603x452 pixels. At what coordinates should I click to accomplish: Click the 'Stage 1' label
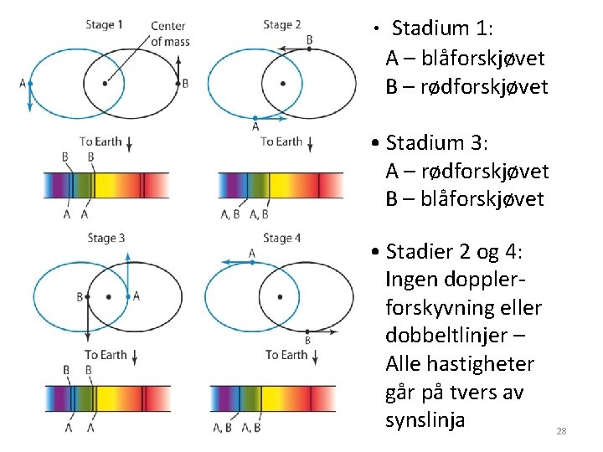click(105, 24)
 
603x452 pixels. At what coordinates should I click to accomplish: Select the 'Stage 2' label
click(282, 24)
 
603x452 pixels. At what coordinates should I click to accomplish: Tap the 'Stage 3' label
click(106, 239)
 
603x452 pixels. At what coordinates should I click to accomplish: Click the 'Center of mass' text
click(169, 34)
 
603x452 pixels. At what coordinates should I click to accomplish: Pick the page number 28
click(561, 431)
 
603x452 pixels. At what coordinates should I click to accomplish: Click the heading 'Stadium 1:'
click(442, 28)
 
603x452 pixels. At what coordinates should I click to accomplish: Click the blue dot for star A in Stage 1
click(30, 84)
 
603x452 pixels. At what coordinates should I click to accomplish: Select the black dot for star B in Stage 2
click(308, 49)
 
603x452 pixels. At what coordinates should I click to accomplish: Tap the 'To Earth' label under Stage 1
click(100, 141)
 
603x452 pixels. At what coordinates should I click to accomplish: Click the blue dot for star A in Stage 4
click(252, 262)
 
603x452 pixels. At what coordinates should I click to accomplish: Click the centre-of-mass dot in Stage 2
click(282, 83)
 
